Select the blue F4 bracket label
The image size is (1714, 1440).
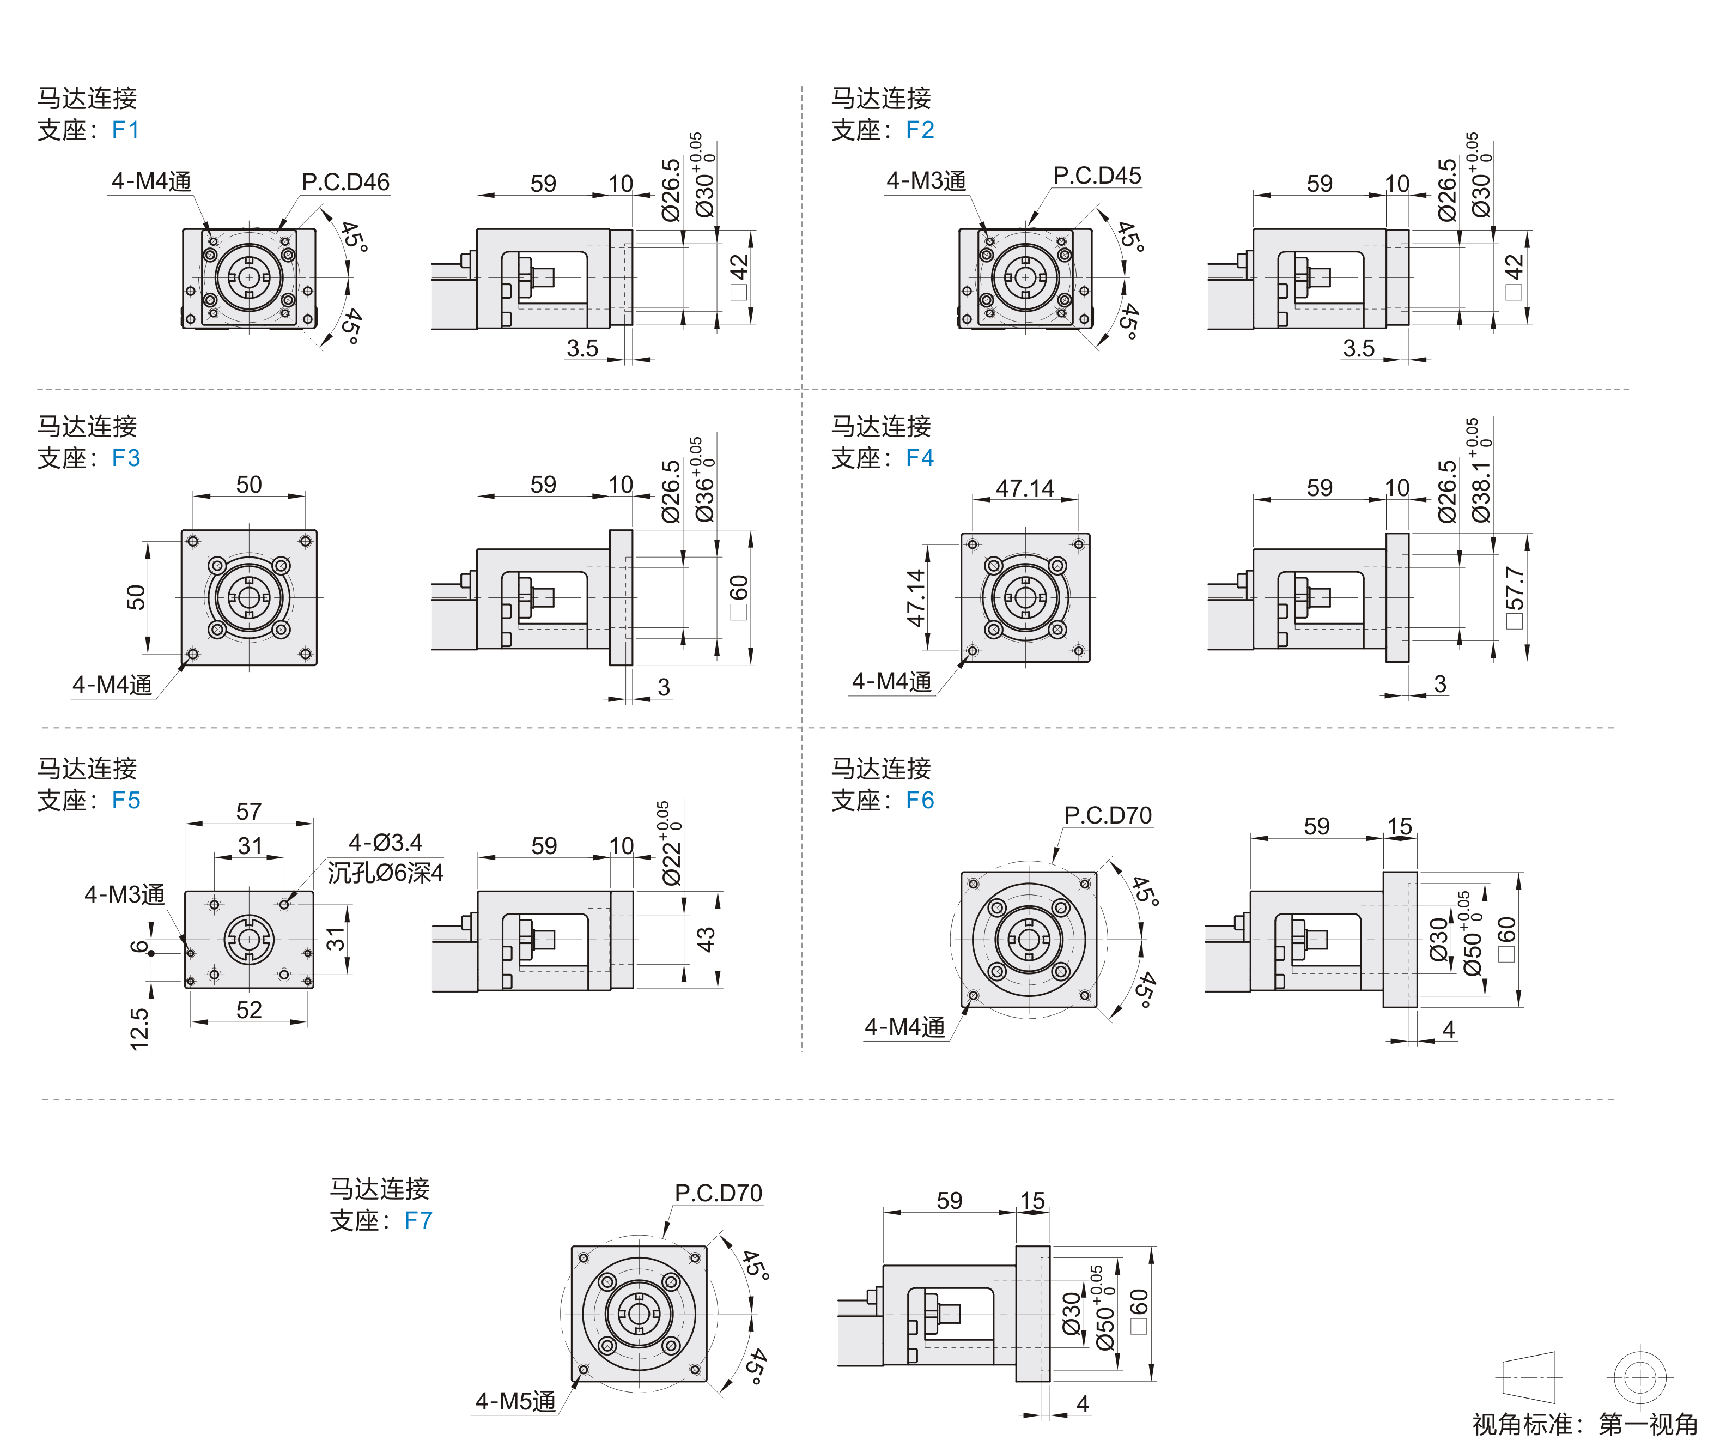(919, 458)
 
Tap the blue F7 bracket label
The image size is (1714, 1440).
(418, 1220)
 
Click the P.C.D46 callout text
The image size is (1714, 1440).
(345, 182)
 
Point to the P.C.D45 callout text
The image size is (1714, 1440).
(1097, 176)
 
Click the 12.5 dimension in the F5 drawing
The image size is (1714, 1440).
(139, 1028)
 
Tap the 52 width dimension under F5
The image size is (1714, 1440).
(249, 1010)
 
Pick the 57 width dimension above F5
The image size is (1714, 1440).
(249, 812)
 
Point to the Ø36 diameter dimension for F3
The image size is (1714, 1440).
(703, 490)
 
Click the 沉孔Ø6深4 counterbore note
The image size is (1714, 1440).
(385, 873)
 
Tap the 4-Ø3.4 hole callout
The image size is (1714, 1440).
(385, 843)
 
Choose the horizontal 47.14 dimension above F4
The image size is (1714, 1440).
(1025, 488)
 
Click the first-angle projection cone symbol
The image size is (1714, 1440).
(1528, 1378)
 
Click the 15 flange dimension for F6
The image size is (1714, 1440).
(1399, 826)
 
